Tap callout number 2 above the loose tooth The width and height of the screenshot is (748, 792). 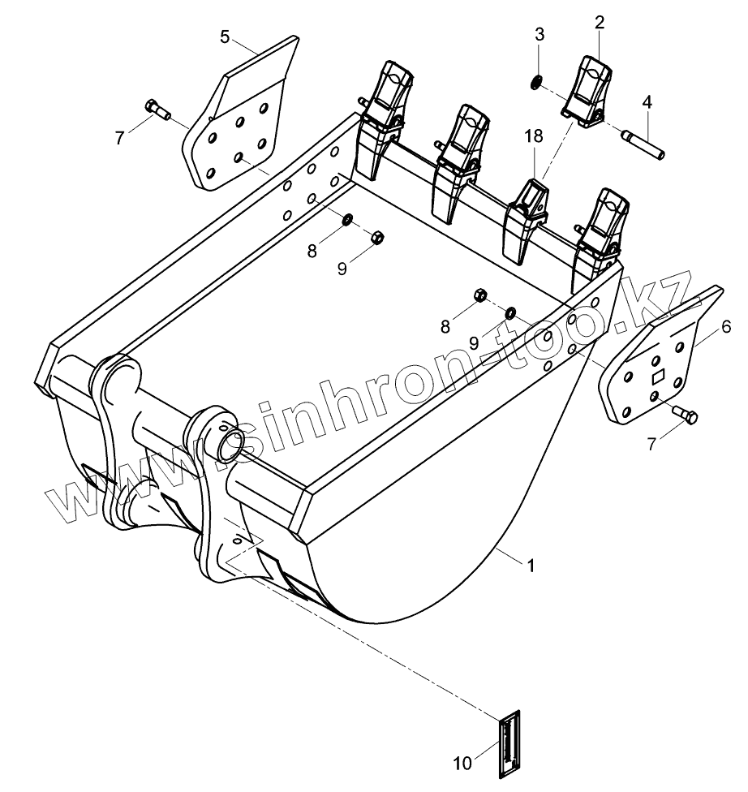click(599, 22)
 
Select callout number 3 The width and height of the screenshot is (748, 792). click(539, 35)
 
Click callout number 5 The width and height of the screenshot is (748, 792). click(225, 36)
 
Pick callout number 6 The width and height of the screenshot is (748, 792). click(726, 327)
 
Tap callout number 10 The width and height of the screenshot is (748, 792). click(462, 763)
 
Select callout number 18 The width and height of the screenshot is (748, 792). click(532, 137)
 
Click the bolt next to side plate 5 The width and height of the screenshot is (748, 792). click(156, 108)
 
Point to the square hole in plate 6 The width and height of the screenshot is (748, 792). click(658, 377)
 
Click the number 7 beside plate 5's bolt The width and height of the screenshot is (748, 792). click(120, 138)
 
